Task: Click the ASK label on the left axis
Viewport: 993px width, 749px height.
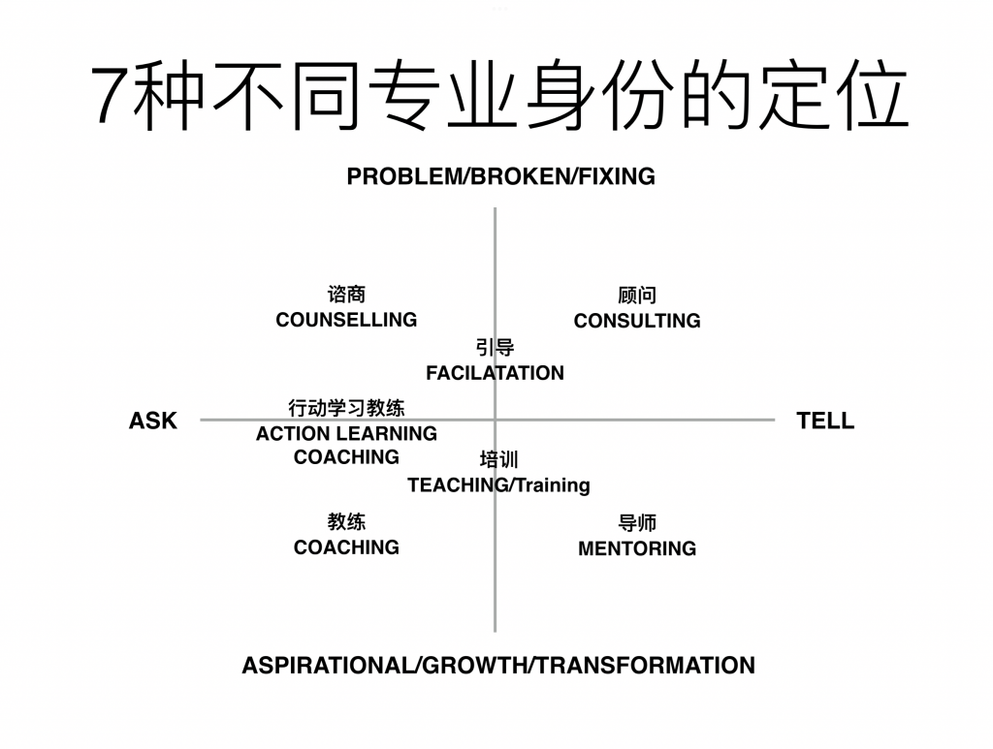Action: (x=153, y=421)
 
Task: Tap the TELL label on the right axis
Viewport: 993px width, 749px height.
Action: (x=825, y=421)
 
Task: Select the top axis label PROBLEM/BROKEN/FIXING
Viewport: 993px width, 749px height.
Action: (x=500, y=176)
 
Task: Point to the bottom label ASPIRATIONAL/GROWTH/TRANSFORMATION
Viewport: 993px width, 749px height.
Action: (x=497, y=666)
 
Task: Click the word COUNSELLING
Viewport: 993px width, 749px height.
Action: (x=346, y=320)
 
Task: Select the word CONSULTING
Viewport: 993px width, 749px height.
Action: (x=636, y=321)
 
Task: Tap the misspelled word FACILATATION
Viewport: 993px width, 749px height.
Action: (x=495, y=373)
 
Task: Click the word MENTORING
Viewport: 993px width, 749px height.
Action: (x=636, y=548)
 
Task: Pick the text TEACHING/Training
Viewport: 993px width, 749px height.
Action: (x=498, y=484)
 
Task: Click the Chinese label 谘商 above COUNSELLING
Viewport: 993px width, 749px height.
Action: (x=346, y=295)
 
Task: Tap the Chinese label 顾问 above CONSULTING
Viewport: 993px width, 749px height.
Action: (x=636, y=296)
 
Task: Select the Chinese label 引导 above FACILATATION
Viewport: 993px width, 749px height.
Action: (x=495, y=348)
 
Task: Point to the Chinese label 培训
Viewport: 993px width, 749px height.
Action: (x=498, y=459)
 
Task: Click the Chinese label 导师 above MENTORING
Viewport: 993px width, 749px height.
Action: (x=636, y=523)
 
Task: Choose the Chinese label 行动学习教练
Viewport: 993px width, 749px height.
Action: (x=346, y=408)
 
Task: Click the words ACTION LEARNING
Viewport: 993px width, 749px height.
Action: (x=346, y=433)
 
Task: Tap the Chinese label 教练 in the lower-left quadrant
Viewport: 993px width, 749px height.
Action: (x=346, y=522)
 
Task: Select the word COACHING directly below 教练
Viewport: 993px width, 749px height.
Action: (x=346, y=547)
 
